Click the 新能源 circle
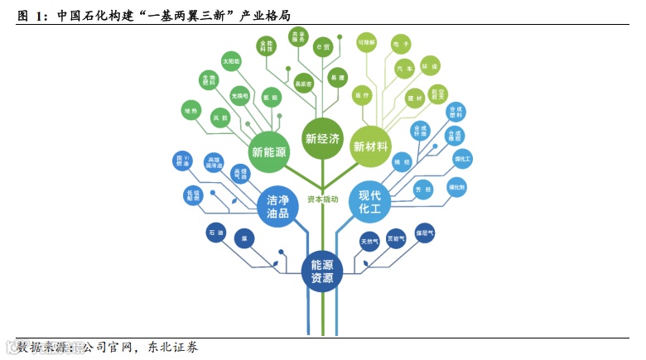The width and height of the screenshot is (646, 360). (x=269, y=151)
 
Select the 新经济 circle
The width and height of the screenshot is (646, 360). (x=322, y=138)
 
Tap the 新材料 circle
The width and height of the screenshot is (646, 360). (x=370, y=146)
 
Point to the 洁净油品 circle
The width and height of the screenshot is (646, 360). (x=278, y=207)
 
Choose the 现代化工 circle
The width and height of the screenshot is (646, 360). (x=369, y=202)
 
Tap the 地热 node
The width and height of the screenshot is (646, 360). (x=191, y=110)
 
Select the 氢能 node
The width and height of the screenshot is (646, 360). (x=270, y=98)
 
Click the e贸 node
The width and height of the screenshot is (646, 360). (x=323, y=48)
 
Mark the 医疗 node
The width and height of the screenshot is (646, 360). (x=362, y=95)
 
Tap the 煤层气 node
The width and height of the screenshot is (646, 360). (x=425, y=233)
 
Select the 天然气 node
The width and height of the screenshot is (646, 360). (x=369, y=242)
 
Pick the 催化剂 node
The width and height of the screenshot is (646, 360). (x=456, y=187)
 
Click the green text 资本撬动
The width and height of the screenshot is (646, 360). (x=322, y=199)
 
